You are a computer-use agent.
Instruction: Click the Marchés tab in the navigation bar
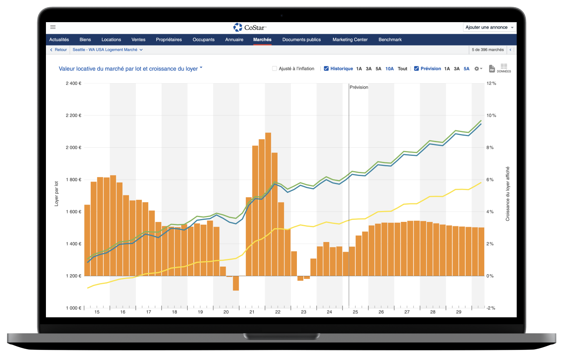point(262,39)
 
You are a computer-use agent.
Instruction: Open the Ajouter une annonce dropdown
point(489,27)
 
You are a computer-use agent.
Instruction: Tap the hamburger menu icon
point(53,27)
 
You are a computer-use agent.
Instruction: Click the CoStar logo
point(250,27)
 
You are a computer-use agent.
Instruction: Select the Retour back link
point(58,50)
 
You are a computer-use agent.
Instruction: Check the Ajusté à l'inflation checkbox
point(275,68)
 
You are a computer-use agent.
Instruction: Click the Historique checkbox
point(326,68)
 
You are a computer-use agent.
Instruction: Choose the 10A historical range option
point(390,69)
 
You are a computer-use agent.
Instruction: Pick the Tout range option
point(402,69)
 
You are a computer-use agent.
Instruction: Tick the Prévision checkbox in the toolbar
point(417,68)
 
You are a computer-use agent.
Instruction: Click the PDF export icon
point(492,69)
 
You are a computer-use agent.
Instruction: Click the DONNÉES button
point(504,68)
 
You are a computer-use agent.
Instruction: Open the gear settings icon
point(477,69)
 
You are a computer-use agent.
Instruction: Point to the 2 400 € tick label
point(74,83)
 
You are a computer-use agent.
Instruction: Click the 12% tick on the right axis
point(491,83)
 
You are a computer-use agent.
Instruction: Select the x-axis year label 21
point(252,312)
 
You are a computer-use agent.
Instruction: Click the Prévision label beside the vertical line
point(359,87)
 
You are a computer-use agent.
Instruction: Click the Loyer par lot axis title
point(57,193)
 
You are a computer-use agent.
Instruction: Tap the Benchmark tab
point(390,39)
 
